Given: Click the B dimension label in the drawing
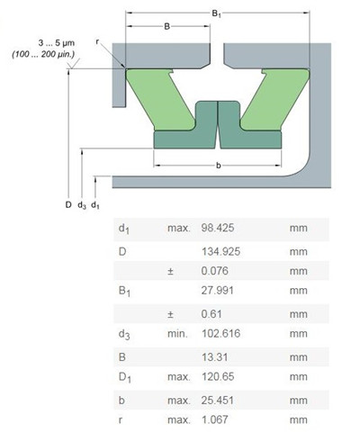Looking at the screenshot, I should pos(166,26).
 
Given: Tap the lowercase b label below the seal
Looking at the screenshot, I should pos(219,166).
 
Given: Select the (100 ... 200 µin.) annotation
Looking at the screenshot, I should pos(45,56).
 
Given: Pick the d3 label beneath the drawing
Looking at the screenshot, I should pos(82,205).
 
